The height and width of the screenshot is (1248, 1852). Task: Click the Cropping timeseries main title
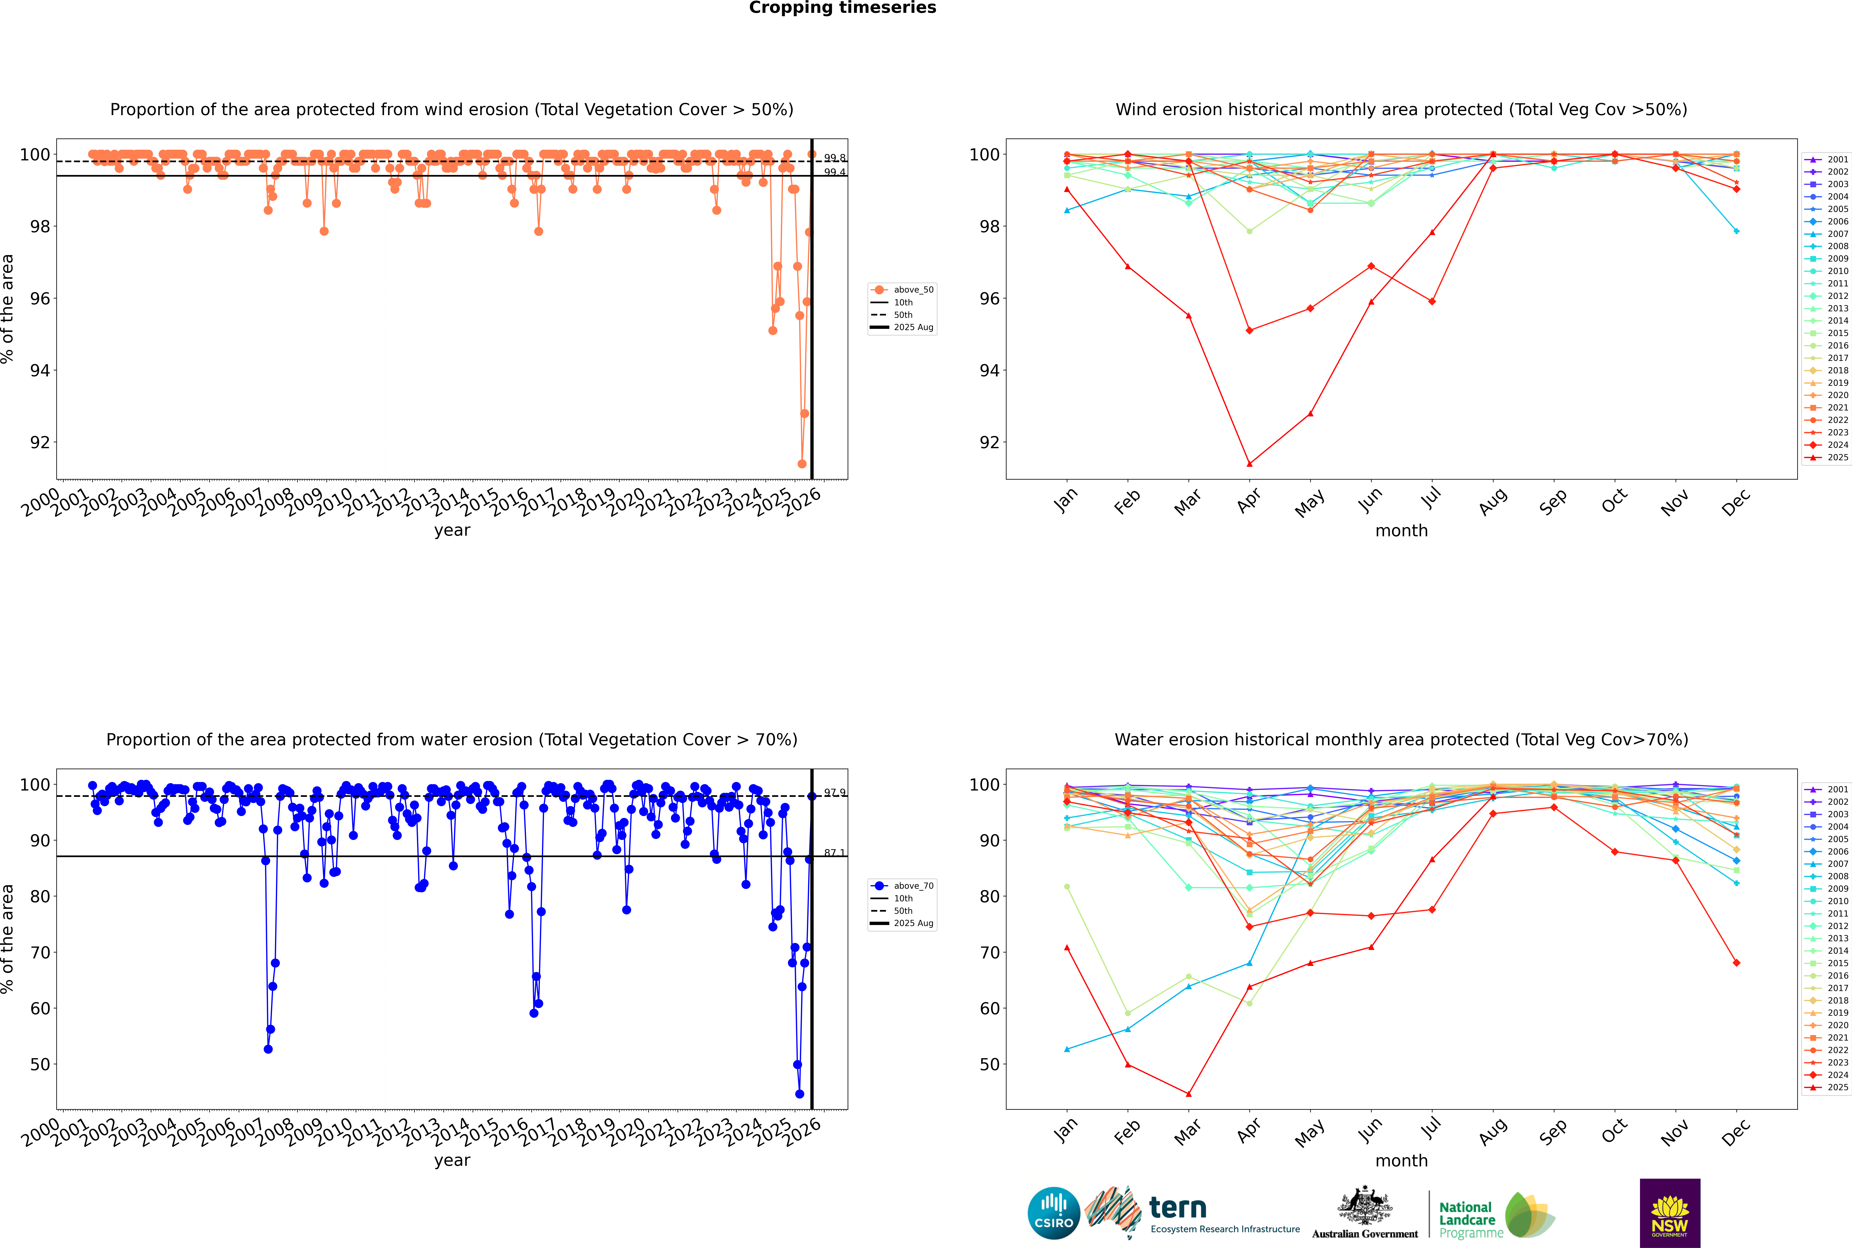click(842, 8)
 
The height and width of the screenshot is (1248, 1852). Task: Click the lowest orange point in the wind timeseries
click(802, 464)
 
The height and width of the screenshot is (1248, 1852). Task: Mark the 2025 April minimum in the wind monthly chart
click(1249, 464)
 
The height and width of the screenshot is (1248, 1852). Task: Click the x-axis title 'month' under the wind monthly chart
click(1401, 531)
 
